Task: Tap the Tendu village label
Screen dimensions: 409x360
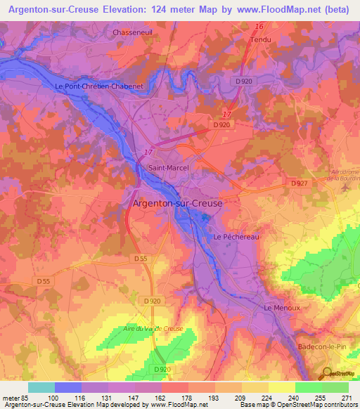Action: click(x=261, y=39)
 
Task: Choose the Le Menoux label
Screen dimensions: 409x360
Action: click(x=281, y=308)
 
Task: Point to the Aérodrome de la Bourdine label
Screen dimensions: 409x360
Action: click(x=345, y=175)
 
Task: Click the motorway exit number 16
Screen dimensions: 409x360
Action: click(x=260, y=27)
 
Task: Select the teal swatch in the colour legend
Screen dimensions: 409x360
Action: click(x=41, y=387)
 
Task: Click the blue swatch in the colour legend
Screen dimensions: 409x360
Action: click(x=68, y=387)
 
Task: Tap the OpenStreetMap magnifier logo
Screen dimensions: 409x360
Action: click(x=328, y=373)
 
